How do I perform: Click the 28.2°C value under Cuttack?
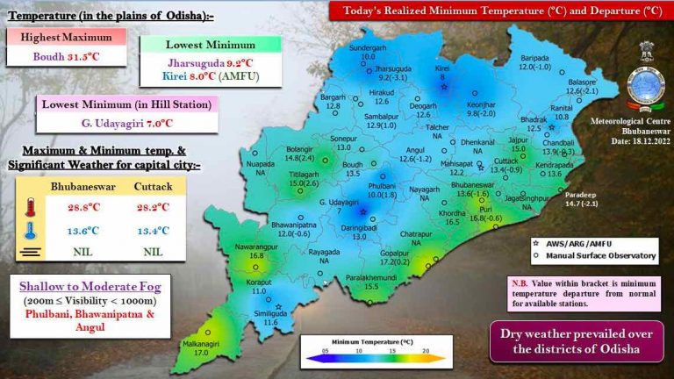pyautogui.click(x=154, y=209)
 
